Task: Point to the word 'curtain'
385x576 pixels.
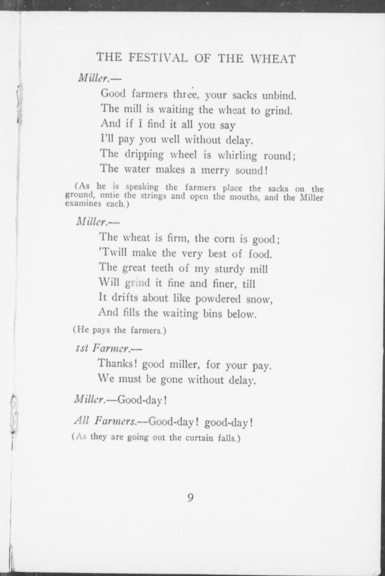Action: coord(199,438)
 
